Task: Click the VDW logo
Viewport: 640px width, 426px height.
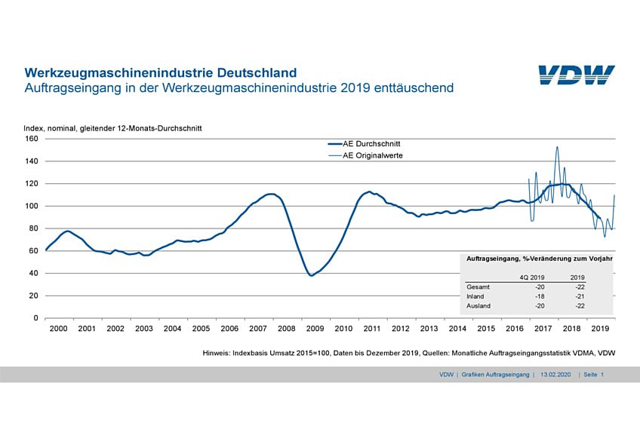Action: (x=576, y=75)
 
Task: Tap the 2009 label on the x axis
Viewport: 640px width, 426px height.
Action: (x=315, y=329)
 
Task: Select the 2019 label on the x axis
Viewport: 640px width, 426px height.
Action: (x=600, y=329)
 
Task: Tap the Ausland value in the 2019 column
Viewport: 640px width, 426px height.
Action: (x=580, y=306)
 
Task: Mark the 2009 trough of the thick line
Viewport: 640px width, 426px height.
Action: (x=312, y=275)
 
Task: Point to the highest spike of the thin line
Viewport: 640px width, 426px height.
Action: (x=557, y=148)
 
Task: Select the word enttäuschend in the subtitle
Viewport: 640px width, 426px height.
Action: (x=411, y=87)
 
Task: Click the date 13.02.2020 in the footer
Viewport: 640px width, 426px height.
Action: (x=556, y=374)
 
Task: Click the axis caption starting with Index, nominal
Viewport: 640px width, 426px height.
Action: (x=112, y=128)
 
